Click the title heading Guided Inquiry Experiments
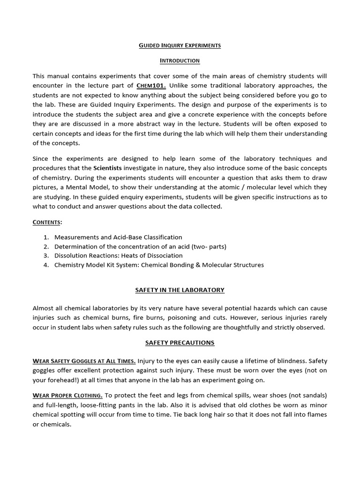(180, 45)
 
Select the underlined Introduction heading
(180, 60)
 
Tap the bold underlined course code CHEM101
(151, 85)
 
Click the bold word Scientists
(109, 168)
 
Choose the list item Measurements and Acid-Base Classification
(118, 237)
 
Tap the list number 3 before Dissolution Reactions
(46, 255)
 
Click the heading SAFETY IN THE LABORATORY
(180, 290)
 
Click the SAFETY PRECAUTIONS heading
(180, 343)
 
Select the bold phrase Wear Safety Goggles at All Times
(84, 360)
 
